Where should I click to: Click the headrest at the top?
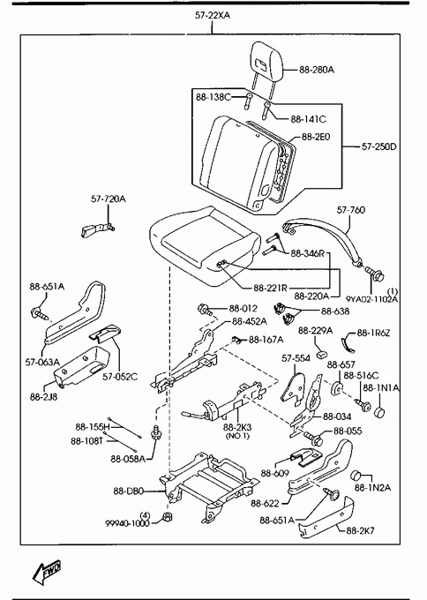pos(268,61)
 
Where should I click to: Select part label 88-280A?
pos(317,70)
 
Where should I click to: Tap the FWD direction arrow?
pos(48,572)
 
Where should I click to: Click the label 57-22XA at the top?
pos(213,16)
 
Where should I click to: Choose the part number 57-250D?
pos(379,146)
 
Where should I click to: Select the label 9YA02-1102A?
pos(372,299)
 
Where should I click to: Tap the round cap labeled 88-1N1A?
pos(379,412)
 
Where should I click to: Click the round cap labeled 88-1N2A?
pos(357,475)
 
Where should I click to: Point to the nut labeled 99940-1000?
pos(168,516)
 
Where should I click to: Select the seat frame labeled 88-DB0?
pos(208,486)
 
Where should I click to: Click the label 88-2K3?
pos(237,427)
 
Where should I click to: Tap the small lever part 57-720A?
pos(97,229)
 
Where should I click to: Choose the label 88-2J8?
pos(43,397)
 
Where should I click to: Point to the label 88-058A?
pos(128,459)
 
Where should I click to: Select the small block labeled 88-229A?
pos(320,355)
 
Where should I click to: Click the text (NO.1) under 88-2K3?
pos(237,436)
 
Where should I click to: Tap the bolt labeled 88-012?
pos(205,310)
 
